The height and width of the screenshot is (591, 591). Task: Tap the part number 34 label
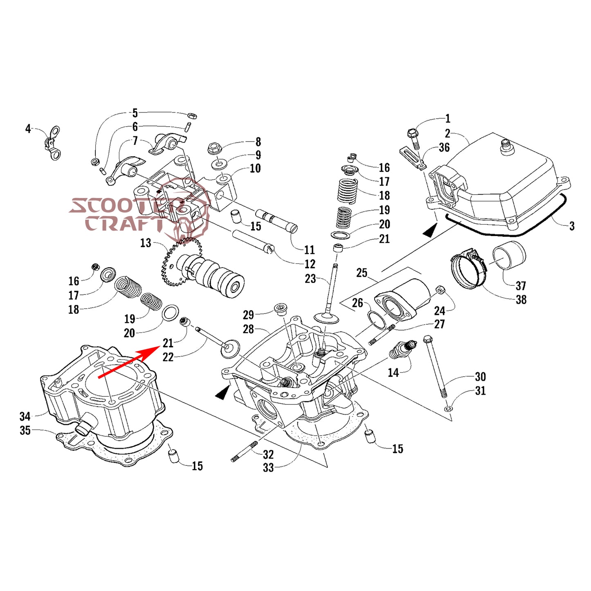25,416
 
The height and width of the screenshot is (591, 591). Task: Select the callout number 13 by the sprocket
146,243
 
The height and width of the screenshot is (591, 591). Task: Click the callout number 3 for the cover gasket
572,226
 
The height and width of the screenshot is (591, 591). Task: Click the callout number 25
362,273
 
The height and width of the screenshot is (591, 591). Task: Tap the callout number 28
248,329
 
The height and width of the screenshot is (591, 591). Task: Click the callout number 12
310,264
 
